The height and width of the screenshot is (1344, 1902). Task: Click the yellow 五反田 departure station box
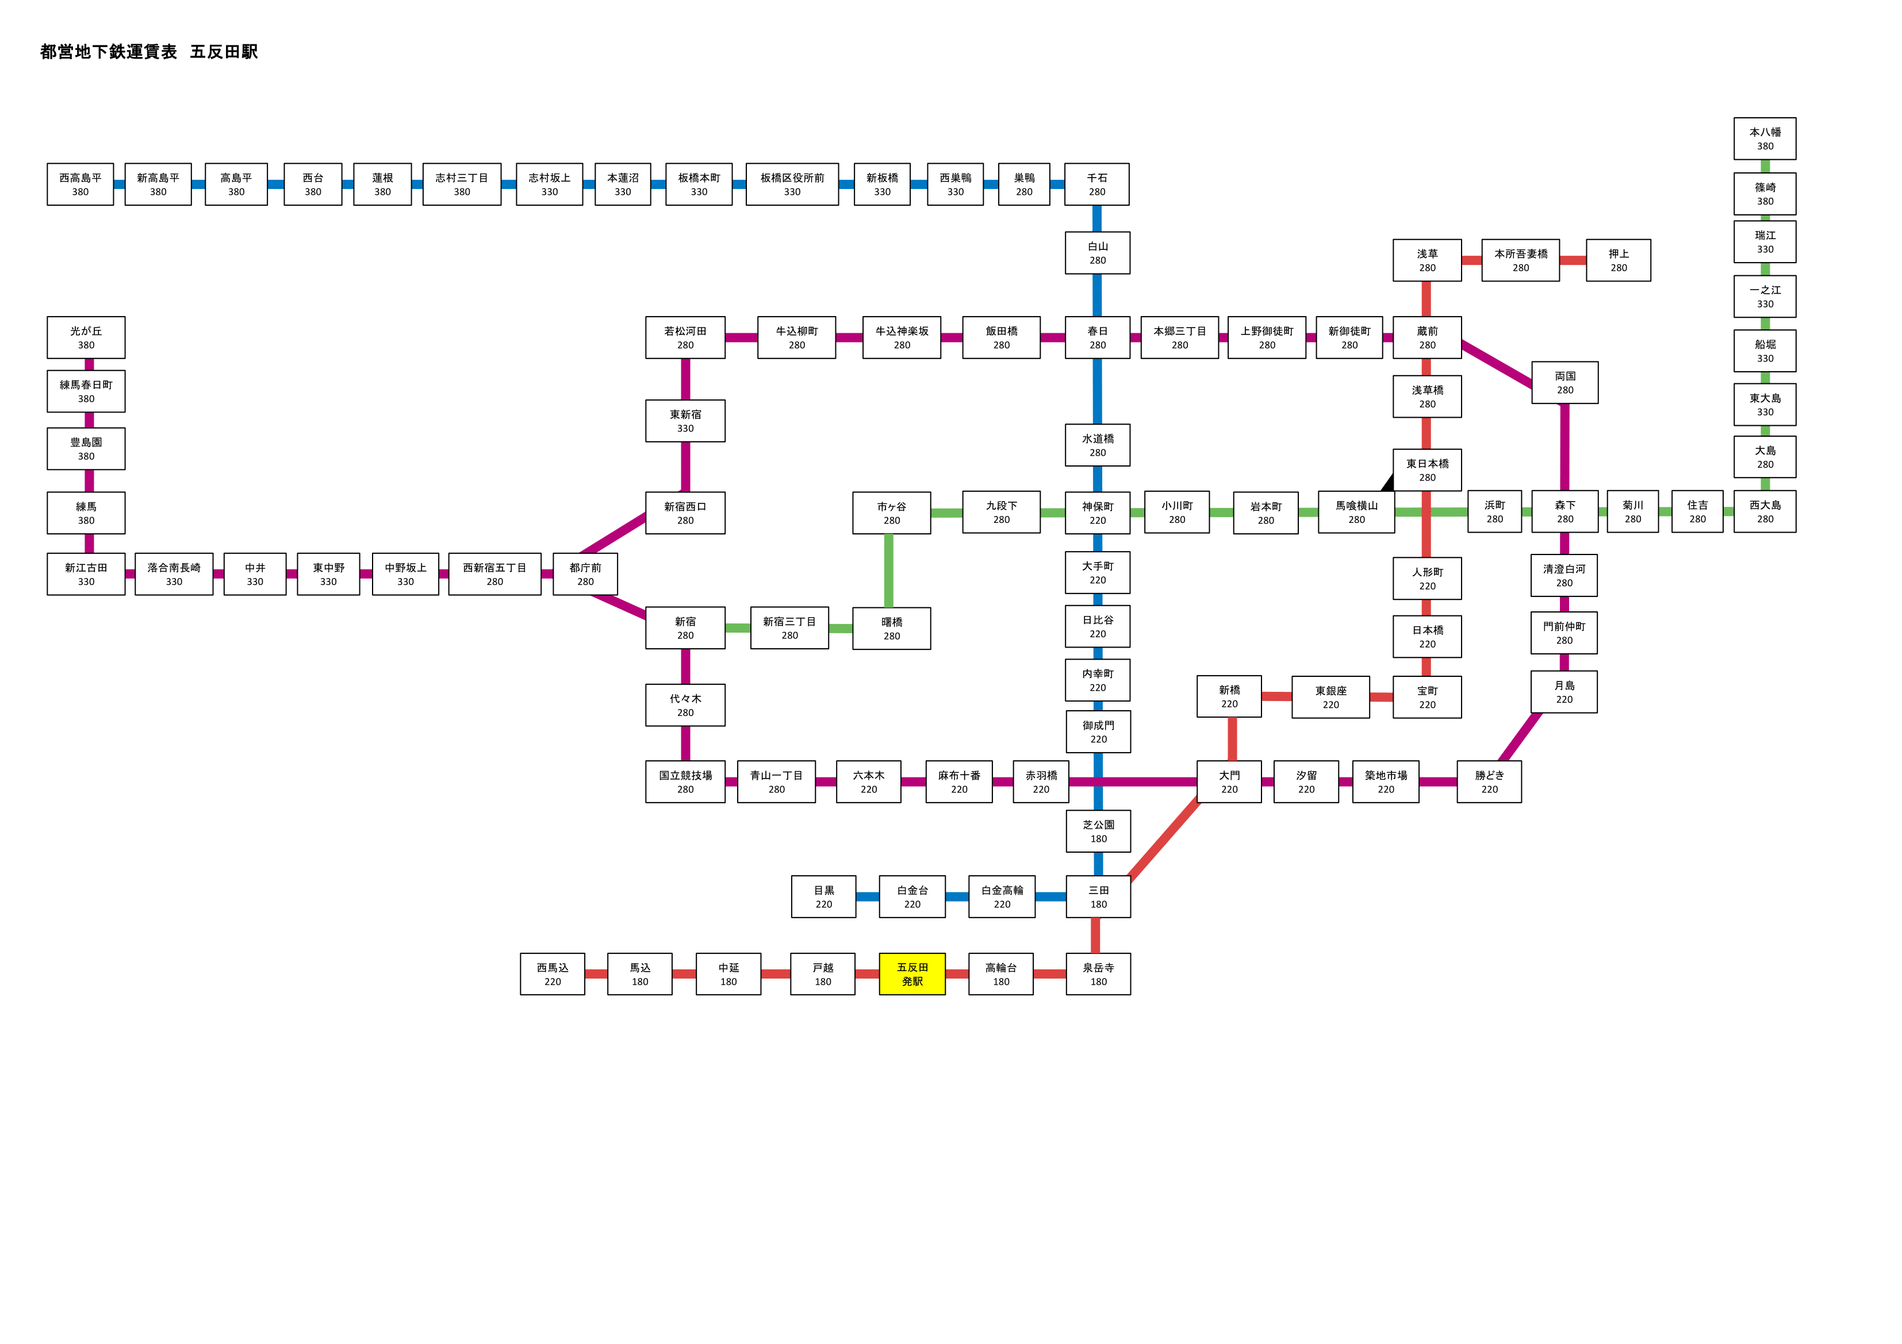pyautogui.click(x=912, y=974)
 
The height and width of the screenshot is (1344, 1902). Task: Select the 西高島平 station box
pyautogui.click(x=80, y=184)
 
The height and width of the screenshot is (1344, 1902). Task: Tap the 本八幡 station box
pyautogui.click(x=1765, y=138)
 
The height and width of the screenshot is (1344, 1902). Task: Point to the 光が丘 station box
pyautogui.click(x=86, y=338)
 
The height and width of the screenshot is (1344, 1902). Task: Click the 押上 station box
pyautogui.click(x=1618, y=260)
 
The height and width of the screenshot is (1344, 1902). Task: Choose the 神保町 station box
pyautogui.click(x=1097, y=513)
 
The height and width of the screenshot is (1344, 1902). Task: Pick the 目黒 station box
pyautogui.click(x=823, y=897)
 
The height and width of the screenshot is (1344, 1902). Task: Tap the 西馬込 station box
pyautogui.click(x=553, y=974)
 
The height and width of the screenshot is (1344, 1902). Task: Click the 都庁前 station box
pyautogui.click(x=585, y=574)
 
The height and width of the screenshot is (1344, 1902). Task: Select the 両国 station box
pyautogui.click(x=1565, y=383)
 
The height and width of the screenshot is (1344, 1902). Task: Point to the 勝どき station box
pyautogui.click(x=1489, y=781)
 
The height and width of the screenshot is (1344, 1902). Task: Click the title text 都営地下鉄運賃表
pyautogui.click(x=109, y=51)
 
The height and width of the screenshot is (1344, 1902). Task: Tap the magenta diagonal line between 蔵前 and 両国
pyautogui.click(x=1497, y=364)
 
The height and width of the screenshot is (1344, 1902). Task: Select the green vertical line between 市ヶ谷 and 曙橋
pyautogui.click(x=888, y=571)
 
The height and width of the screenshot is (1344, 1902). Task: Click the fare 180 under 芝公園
pyautogui.click(x=1098, y=839)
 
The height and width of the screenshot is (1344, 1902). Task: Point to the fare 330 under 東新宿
pyautogui.click(x=685, y=428)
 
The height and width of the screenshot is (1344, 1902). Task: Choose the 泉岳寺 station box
pyautogui.click(x=1098, y=974)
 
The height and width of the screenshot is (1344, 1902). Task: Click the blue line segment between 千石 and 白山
pyautogui.click(x=1097, y=218)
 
